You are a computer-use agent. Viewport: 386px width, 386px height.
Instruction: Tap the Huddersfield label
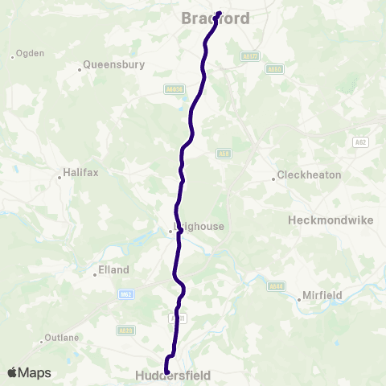[x=174, y=376]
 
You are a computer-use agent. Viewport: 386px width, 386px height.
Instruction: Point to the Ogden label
[x=31, y=54]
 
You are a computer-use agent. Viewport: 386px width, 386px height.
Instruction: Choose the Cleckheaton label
[x=309, y=175]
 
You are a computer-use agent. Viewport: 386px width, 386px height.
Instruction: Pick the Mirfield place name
[x=322, y=295]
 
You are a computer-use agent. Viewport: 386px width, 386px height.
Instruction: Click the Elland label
[x=112, y=271]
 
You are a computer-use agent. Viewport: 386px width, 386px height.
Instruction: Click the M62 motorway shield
[x=125, y=294]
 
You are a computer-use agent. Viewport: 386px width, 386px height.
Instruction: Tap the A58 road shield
[x=224, y=153]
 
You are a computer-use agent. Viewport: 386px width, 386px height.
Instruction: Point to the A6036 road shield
[x=174, y=90]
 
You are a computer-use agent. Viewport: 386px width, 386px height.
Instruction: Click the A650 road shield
[x=274, y=69]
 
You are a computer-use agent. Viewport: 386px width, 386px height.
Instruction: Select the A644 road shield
[x=277, y=285]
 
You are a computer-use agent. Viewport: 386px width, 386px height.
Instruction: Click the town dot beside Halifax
[x=60, y=176]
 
